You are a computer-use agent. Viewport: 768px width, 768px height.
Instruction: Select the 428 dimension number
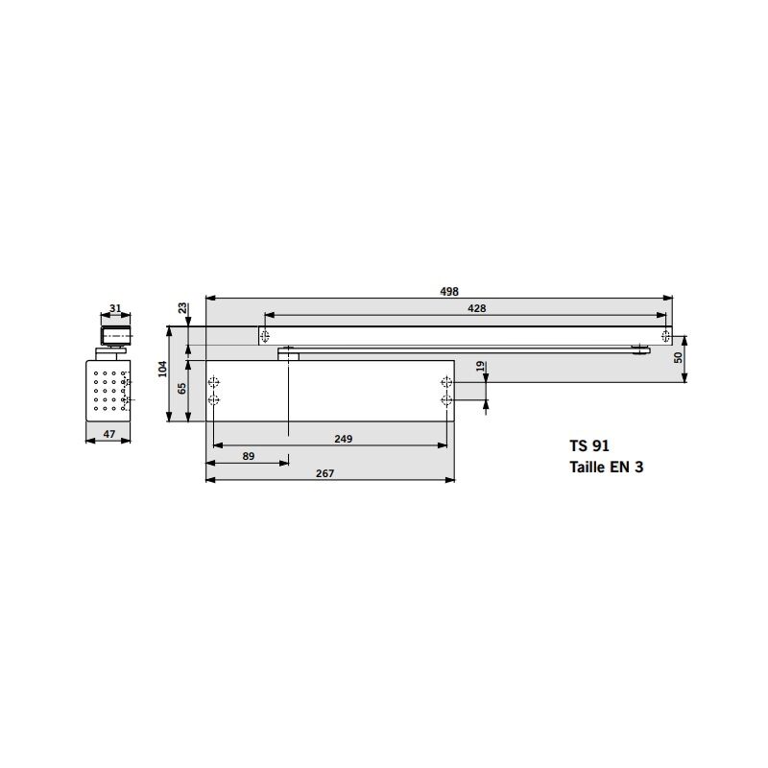pos(476,307)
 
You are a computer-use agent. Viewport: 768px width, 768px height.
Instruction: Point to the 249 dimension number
pos(344,439)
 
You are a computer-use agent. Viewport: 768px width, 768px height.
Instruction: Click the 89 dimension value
pos(249,456)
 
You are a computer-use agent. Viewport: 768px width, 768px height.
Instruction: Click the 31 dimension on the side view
pos(115,308)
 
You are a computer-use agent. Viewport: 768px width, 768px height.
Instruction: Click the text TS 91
pos(588,445)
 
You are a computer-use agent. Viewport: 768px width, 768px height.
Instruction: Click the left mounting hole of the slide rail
pos(264,334)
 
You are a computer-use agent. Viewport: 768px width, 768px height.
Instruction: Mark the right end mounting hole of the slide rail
pos(665,334)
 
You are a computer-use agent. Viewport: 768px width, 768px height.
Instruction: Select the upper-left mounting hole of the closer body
pos(213,380)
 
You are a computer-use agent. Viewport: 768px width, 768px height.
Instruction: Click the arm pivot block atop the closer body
pos(288,354)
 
